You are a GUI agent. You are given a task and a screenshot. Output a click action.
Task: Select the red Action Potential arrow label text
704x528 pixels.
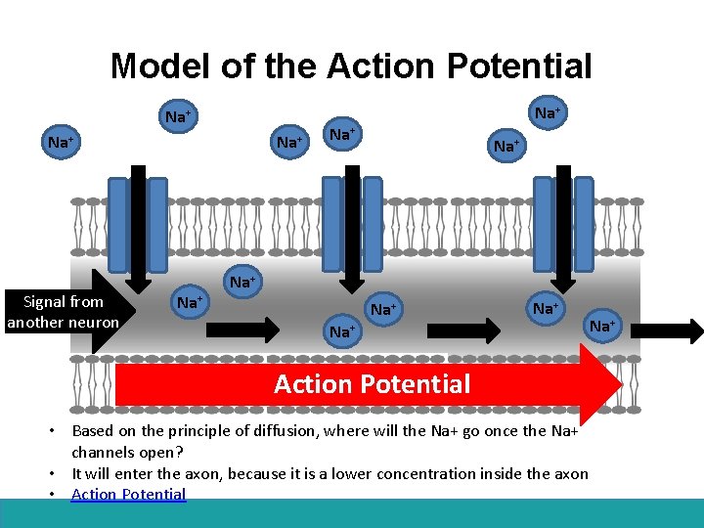coord(372,384)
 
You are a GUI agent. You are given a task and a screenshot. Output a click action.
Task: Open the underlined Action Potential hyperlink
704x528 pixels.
coord(128,494)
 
